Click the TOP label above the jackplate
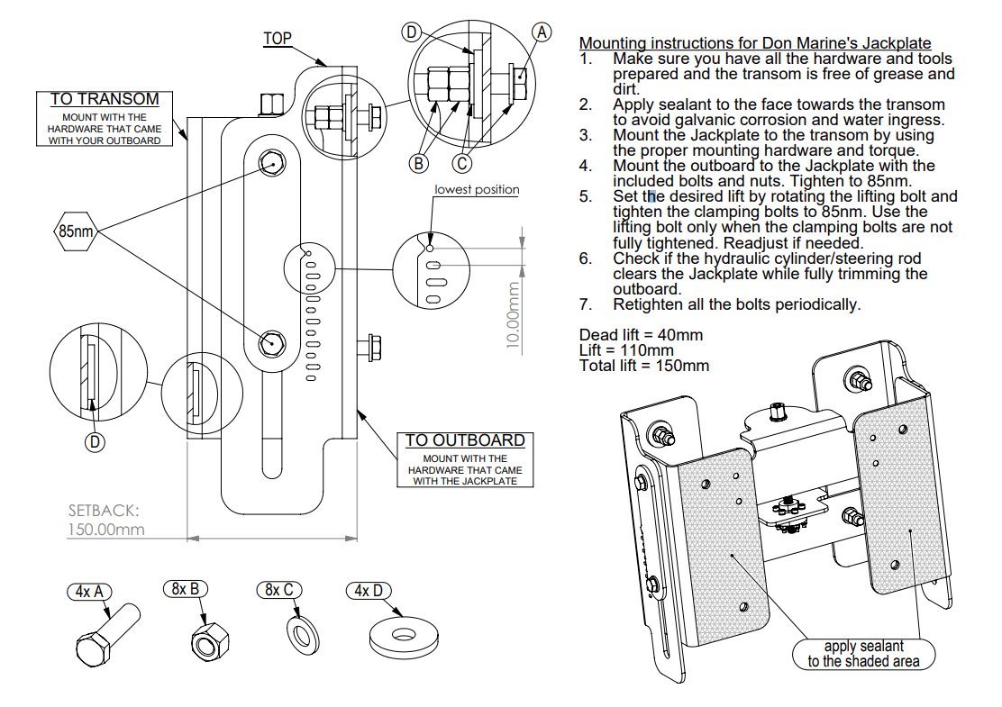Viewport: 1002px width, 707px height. (278, 39)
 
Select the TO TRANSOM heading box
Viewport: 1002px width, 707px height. (105, 99)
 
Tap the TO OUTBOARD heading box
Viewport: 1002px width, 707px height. (464, 440)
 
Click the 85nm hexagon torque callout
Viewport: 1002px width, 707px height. (76, 231)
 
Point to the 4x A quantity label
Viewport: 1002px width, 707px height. (90, 592)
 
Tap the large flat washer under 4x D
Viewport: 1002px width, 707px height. (404, 634)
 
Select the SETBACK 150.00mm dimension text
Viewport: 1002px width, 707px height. (105, 520)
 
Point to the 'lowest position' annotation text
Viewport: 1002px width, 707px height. (477, 189)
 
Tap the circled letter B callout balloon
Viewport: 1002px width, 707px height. (418, 163)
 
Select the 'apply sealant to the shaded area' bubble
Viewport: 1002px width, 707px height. (863, 653)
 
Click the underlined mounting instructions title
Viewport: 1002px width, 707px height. (755, 42)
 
